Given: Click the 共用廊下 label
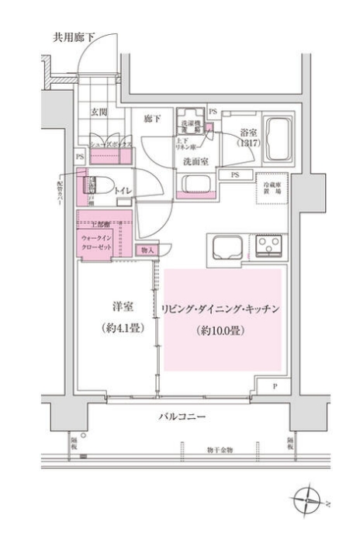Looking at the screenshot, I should (x=74, y=36).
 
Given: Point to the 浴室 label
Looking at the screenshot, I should (x=248, y=133).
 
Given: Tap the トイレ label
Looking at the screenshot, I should (x=123, y=190).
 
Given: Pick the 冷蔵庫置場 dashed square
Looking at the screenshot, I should (x=272, y=188).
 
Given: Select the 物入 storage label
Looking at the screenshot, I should (x=147, y=250).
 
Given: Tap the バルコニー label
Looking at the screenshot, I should (x=184, y=417).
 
